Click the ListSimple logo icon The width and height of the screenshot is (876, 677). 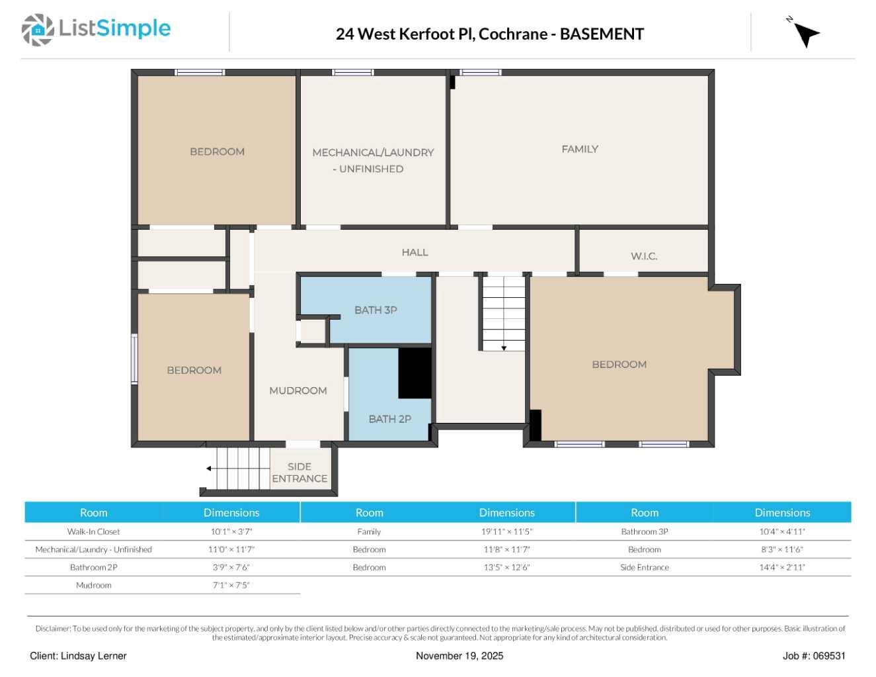pos(38,30)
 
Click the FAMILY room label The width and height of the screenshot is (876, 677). pos(580,150)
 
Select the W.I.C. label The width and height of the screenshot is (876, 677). pos(643,257)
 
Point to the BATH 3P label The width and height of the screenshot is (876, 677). pos(376,310)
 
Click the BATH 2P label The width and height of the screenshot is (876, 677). pos(389,419)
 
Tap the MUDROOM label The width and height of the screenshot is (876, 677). pos(298,391)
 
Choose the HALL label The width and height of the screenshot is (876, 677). pos(415,253)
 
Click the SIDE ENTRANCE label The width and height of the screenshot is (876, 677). pos(299,473)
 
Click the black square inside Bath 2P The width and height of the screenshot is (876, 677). pos(415,373)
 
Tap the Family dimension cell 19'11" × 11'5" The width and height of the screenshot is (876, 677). pos(506,531)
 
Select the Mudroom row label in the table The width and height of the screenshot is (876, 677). pos(94,585)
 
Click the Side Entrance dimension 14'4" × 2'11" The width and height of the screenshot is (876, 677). pos(781,567)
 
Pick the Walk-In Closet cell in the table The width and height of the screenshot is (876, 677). pos(94,531)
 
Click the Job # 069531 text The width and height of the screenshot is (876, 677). pos(813,656)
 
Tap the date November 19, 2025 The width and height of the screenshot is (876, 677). pos(459,656)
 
